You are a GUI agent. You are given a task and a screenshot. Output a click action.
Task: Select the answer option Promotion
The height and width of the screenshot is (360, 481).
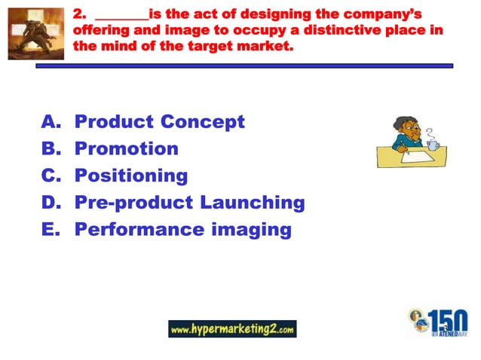click(126, 148)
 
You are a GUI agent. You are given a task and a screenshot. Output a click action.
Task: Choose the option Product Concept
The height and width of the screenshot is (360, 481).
click(159, 121)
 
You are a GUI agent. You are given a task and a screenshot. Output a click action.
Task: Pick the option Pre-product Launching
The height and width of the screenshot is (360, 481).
click(189, 203)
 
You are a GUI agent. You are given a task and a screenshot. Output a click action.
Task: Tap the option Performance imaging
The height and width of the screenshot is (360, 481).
click(182, 230)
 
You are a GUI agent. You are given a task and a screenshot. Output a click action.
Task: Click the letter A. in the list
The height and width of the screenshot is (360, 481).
click(50, 121)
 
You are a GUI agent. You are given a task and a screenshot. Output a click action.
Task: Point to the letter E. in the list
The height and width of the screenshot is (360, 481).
click(50, 230)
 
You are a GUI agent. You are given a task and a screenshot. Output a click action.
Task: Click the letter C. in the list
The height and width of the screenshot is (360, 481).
click(50, 175)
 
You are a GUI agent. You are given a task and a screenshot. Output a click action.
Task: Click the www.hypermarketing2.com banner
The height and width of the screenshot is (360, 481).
click(232, 329)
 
